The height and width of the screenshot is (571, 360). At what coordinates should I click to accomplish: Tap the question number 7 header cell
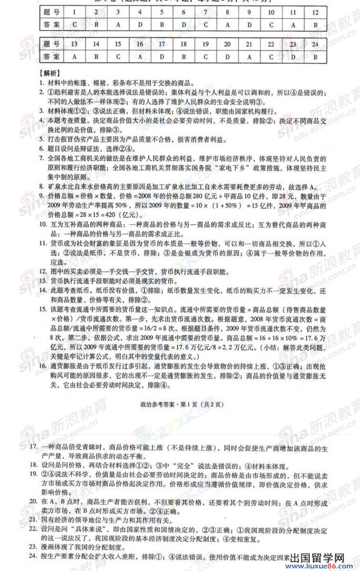pos(206,11)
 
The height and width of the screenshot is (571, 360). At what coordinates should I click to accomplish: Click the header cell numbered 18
pos(183,44)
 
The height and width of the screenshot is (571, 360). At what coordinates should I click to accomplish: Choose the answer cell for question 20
pos(227,57)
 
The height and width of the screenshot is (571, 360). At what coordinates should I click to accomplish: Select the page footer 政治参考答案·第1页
pos(180,404)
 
